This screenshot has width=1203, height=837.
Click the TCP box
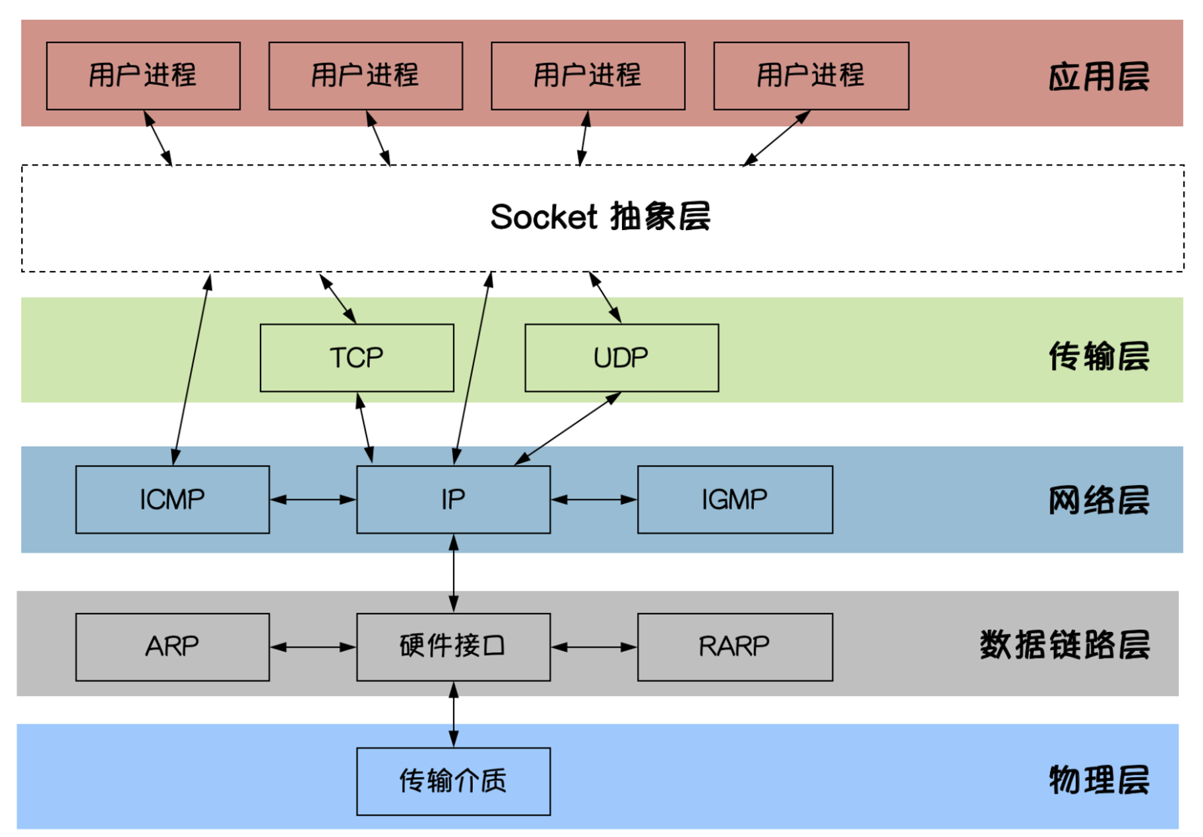tap(357, 358)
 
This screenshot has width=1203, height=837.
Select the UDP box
tap(621, 358)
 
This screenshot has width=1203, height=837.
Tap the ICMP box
tap(172, 500)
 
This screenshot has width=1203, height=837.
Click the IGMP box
tap(735, 500)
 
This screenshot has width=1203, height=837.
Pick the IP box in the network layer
tap(453, 500)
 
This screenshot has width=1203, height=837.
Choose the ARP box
tap(172, 647)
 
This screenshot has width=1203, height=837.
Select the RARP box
tap(735, 647)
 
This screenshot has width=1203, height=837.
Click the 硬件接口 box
tap(453, 647)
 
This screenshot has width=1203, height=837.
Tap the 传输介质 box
tap(453, 781)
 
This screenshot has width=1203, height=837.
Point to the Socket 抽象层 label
tap(600, 217)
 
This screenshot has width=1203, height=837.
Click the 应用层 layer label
tap(1099, 76)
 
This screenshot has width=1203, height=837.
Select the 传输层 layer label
tap(1099, 356)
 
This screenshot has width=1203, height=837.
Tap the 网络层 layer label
tap(1099, 500)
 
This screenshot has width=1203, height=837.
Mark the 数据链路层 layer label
tap(1064, 645)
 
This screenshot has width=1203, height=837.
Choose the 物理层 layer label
tap(1099, 780)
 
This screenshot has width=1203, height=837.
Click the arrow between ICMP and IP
tap(313, 500)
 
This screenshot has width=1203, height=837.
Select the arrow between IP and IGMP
tap(594, 500)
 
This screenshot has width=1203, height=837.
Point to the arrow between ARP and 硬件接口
tap(313, 647)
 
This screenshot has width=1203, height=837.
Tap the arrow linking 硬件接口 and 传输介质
tap(454, 714)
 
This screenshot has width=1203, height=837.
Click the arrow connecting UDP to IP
tap(568, 428)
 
